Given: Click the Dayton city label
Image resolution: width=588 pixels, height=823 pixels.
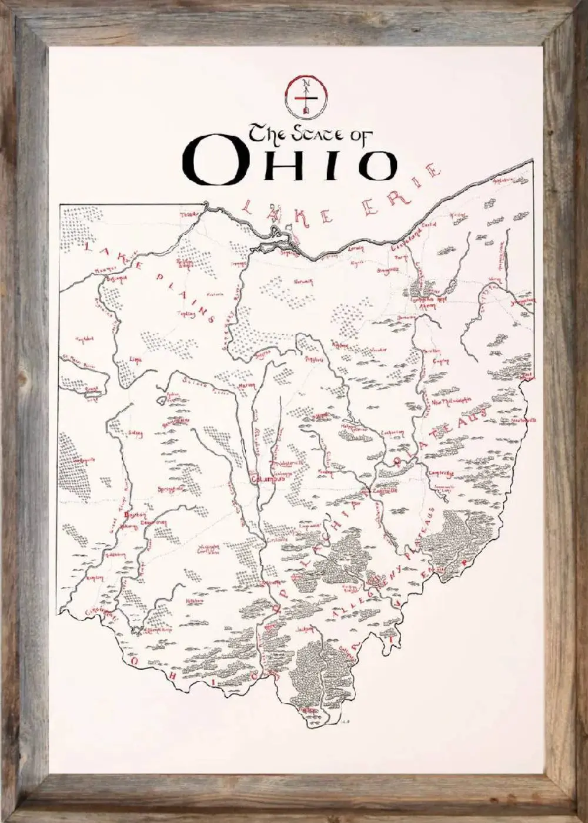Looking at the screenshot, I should coord(135,515).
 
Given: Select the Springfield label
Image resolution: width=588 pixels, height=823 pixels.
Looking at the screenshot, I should coord(171,489).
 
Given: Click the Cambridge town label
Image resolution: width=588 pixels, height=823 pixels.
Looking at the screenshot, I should coord(441,473).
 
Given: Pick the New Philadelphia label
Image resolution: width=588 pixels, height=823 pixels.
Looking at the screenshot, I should coord(452,402).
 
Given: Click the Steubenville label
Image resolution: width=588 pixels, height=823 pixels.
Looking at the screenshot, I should coord(523,421).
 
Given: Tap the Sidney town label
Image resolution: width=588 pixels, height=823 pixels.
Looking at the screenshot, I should coord(135,434).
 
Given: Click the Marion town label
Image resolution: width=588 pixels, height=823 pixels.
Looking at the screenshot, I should coord(246,385).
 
